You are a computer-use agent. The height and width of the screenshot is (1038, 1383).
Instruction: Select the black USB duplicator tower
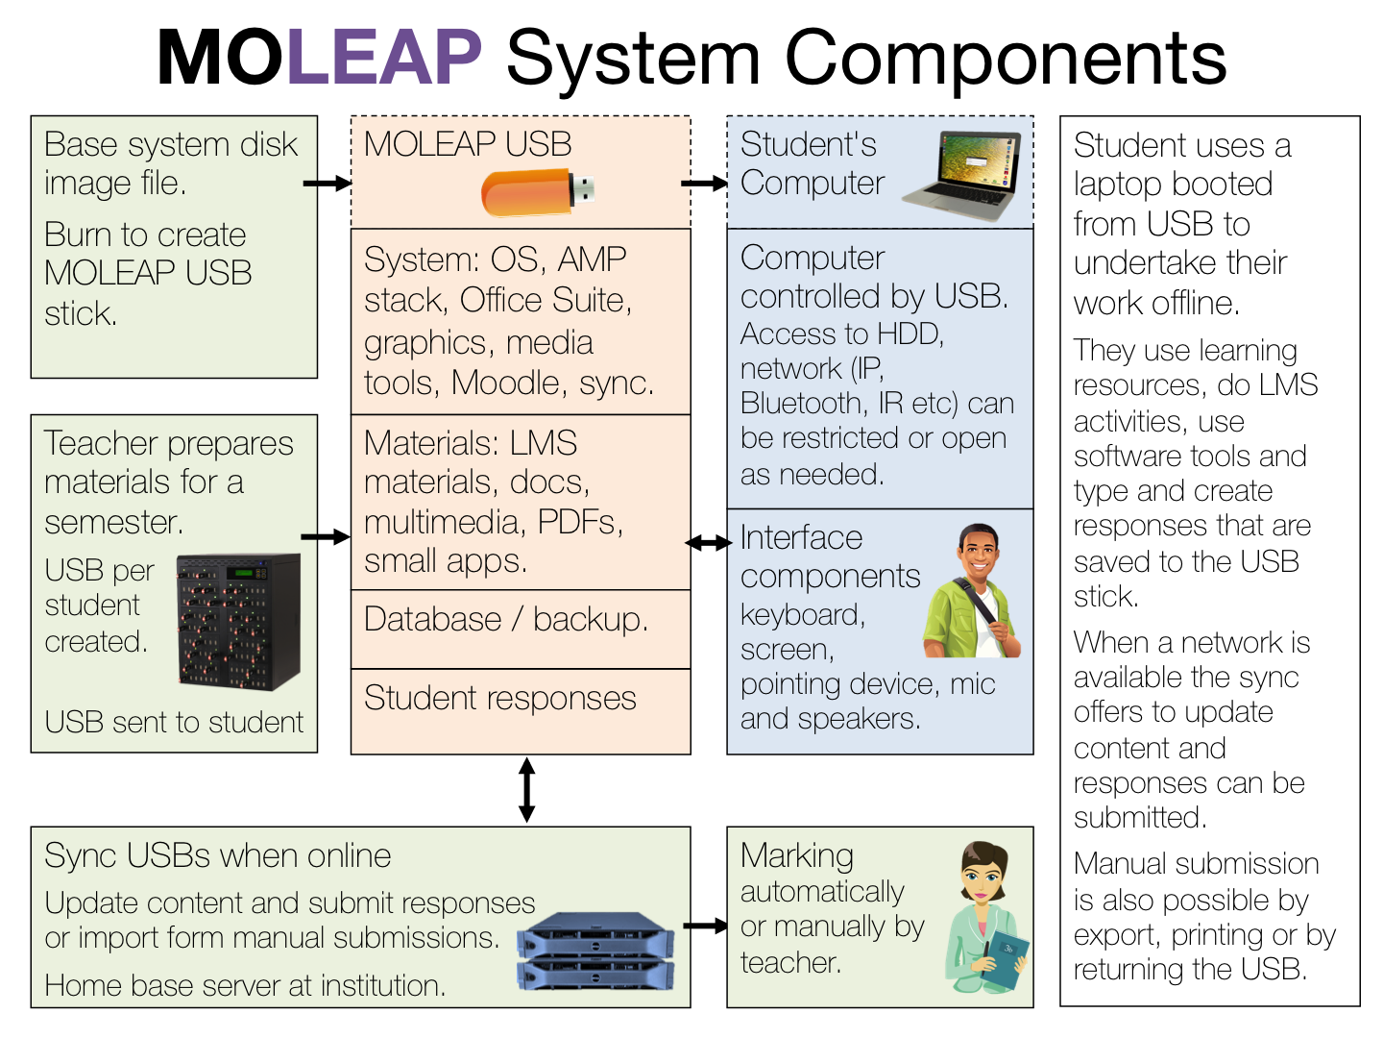(239, 621)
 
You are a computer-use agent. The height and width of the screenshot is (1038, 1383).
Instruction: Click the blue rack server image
(595, 952)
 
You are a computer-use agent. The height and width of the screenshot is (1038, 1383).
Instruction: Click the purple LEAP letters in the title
(383, 57)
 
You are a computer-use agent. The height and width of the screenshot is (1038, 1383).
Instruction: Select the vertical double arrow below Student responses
(526, 790)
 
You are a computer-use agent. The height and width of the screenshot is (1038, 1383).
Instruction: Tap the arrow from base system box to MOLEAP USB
(327, 183)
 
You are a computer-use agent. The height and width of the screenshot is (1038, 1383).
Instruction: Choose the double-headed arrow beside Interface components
(708, 543)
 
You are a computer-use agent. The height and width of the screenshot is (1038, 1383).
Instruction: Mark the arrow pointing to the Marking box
(706, 927)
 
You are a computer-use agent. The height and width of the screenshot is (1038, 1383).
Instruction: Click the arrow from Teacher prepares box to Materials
(326, 537)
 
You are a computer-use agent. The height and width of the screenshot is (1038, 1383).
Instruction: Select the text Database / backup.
(506, 620)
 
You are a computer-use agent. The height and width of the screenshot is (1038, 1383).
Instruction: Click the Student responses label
(499, 699)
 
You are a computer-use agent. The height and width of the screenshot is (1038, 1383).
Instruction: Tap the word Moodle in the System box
(506, 383)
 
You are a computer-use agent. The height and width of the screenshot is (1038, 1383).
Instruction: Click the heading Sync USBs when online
(218, 855)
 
